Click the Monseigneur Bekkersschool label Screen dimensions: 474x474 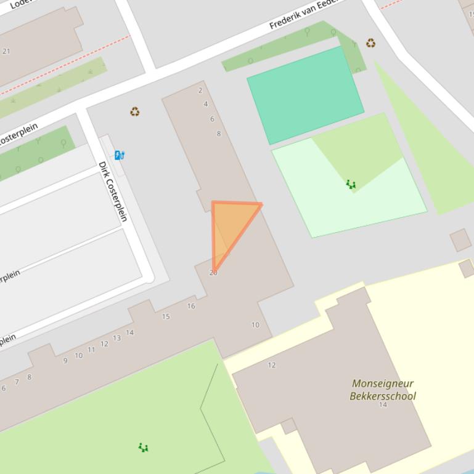(382, 390)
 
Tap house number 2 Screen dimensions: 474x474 (200, 90)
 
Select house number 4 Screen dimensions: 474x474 (206, 104)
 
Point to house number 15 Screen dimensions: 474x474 (166, 316)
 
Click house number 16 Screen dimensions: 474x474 (191, 306)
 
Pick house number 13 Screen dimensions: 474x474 (117, 338)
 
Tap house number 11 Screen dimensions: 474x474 (91, 350)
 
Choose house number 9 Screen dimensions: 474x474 (65, 361)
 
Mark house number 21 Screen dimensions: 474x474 (6, 51)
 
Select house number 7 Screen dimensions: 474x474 (17, 382)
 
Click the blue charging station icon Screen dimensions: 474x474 (120, 155)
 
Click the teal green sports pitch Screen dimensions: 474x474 (305, 94)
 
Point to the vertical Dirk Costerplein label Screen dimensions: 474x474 (113, 191)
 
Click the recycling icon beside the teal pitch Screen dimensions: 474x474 (370, 43)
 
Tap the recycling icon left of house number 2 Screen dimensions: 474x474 (134, 111)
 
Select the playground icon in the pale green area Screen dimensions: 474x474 (351, 184)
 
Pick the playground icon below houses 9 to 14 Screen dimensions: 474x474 (143, 448)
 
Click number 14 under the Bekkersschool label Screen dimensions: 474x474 (383, 404)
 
